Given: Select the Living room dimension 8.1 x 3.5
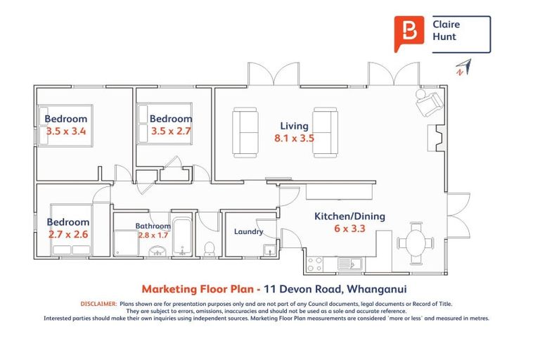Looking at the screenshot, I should (x=294, y=139).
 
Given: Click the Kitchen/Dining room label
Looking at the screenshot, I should (x=349, y=217).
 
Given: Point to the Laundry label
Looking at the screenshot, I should (x=248, y=231).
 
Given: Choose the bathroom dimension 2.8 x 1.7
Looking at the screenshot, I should (x=153, y=236).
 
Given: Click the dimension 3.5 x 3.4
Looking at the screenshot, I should (x=66, y=131).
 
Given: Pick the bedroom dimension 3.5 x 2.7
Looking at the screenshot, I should (x=170, y=131).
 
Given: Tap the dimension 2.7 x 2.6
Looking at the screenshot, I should (x=68, y=234).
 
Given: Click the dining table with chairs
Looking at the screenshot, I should (x=416, y=241).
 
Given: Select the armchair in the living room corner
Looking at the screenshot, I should (x=428, y=104).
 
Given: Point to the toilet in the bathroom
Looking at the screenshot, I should (x=209, y=248).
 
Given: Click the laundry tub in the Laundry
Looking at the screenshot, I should (x=269, y=249).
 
